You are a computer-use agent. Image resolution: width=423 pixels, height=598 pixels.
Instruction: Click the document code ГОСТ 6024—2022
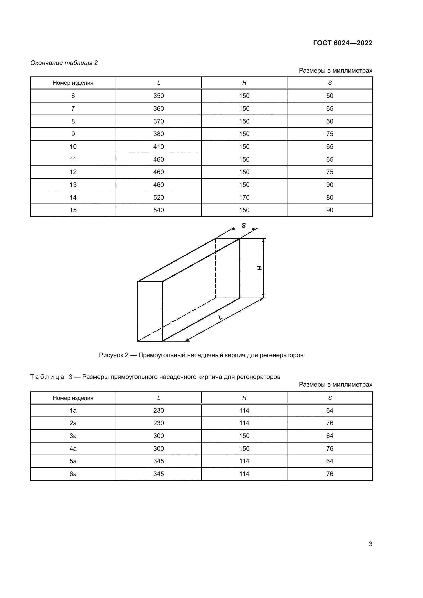click(x=342, y=43)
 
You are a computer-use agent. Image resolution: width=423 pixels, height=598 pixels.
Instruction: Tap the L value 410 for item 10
click(x=158, y=147)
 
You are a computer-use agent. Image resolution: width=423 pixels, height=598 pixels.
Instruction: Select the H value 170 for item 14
click(x=244, y=197)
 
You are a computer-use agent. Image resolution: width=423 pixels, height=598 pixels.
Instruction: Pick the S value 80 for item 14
click(x=329, y=197)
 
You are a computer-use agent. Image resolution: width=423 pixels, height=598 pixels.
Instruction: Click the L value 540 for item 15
click(x=158, y=210)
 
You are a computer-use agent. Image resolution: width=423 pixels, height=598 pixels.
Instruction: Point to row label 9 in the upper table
click(x=73, y=134)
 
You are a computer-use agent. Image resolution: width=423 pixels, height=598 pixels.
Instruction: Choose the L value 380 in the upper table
click(x=158, y=134)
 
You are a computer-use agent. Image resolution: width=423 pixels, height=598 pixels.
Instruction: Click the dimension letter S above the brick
click(x=244, y=225)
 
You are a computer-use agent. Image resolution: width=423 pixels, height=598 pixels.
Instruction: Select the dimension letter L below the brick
click(x=220, y=318)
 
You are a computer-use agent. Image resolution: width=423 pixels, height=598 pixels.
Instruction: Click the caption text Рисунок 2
click(x=114, y=355)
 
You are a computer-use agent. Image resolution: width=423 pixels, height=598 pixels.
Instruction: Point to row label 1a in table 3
click(x=73, y=411)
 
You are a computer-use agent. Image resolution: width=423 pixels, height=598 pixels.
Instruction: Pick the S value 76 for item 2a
click(x=329, y=423)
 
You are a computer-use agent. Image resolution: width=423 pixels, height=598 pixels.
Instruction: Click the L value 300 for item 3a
click(x=158, y=436)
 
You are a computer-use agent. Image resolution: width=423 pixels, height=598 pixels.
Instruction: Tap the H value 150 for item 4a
click(x=244, y=448)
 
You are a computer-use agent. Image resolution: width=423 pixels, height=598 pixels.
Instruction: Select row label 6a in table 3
click(x=73, y=474)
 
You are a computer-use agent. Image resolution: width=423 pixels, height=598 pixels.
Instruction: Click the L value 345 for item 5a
click(x=158, y=461)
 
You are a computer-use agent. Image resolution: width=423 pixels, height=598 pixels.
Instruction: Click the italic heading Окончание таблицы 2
click(x=64, y=63)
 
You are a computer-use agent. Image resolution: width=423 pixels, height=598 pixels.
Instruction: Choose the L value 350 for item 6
click(x=158, y=96)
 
